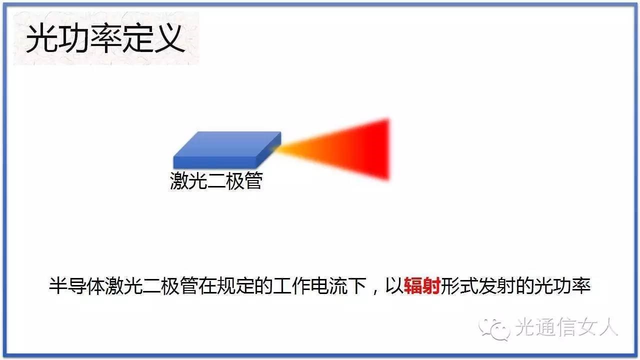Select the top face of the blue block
(x=227, y=144)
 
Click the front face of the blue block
(x=214, y=162)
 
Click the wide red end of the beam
(x=381, y=149)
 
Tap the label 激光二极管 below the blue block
(x=216, y=180)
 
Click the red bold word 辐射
(x=422, y=285)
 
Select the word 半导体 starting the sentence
(x=77, y=285)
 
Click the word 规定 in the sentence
(x=235, y=285)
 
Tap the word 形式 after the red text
(x=459, y=285)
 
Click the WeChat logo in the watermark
(x=494, y=328)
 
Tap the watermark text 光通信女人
(x=567, y=326)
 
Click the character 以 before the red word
(x=394, y=285)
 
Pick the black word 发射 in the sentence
(x=496, y=285)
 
